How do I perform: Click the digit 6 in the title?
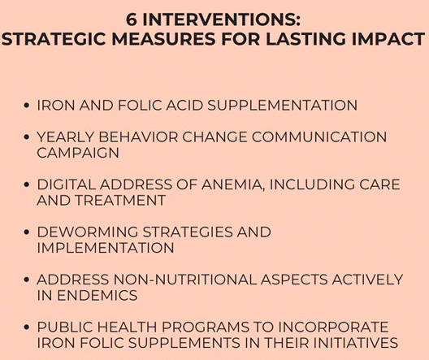[x=132, y=20]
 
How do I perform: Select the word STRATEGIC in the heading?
[x=54, y=39]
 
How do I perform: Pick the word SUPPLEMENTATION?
[x=282, y=106]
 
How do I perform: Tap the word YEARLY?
[x=66, y=137]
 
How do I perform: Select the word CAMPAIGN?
[x=78, y=153]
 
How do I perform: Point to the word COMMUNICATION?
[x=319, y=137]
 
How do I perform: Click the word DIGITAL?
[x=67, y=184]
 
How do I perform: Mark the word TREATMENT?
[x=120, y=200]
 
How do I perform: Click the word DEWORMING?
[x=88, y=232]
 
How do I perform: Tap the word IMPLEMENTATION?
[x=106, y=248]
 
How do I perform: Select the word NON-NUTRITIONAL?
[x=185, y=280]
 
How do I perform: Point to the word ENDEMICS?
[x=97, y=296]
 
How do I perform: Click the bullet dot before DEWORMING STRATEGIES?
[x=27, y=232]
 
